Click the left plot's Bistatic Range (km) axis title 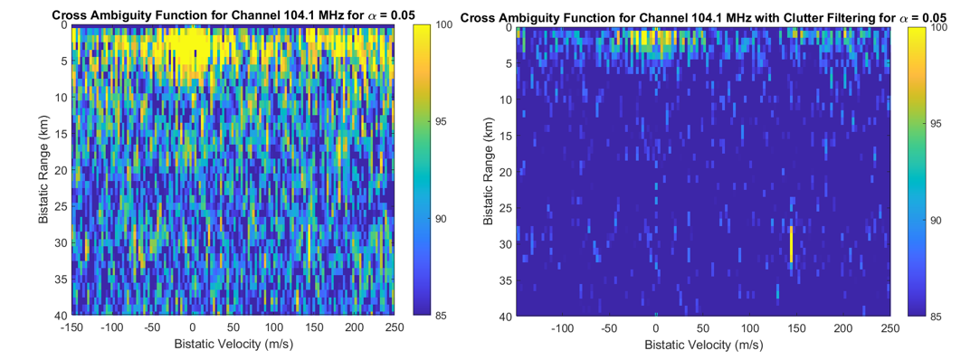click(43, 171)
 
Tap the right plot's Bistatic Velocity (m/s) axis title click(706, 346)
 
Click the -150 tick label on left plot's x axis click(71, 327)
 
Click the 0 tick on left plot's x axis click(192, 327)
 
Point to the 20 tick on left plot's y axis click(61, 170)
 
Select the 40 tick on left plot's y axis click(61, 315)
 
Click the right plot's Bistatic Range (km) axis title click(490, 171)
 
